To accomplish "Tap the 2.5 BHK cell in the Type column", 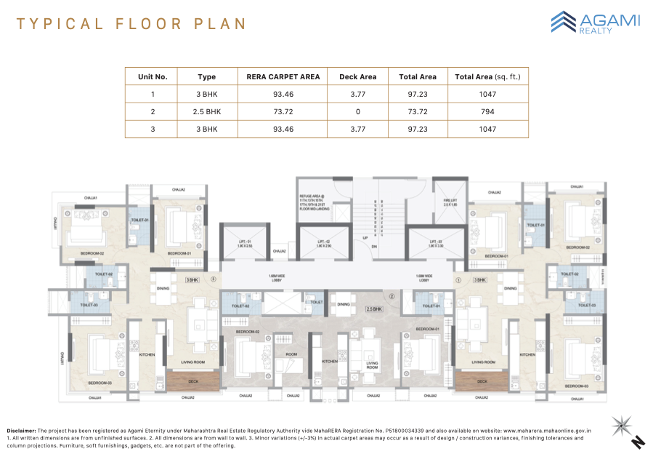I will tap(207, 111).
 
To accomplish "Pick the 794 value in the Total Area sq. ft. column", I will tap(487, 111).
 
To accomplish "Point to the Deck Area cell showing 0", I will tap(357, 111).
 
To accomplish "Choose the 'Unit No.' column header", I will tap(153, 76).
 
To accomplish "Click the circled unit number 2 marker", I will tap(391, 296).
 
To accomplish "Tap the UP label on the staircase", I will tap(365, 236).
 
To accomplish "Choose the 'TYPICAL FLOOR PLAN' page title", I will tap(131, 24).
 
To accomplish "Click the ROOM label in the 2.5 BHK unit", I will tap(291, 354).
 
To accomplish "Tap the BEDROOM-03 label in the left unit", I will tap(100, 382).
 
